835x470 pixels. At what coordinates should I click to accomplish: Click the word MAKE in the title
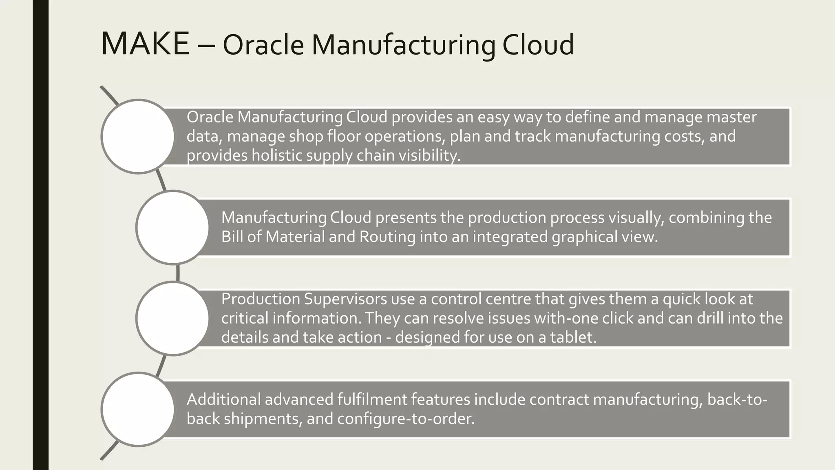click(x=145, y=44)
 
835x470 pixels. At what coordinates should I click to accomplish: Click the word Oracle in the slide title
click(x=263, y=45)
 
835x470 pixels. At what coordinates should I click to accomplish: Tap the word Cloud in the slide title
click(x=538, y=45)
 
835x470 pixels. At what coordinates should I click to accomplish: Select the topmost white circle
click(x=138, y=137)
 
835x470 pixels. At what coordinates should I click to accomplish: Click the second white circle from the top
click(x=172, y=228)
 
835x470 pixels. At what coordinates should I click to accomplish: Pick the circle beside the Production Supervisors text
click(x=172, y=318)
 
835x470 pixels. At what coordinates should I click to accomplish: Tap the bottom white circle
click(x=138, y=409)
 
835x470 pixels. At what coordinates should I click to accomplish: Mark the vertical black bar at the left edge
click(x=40, y=235)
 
